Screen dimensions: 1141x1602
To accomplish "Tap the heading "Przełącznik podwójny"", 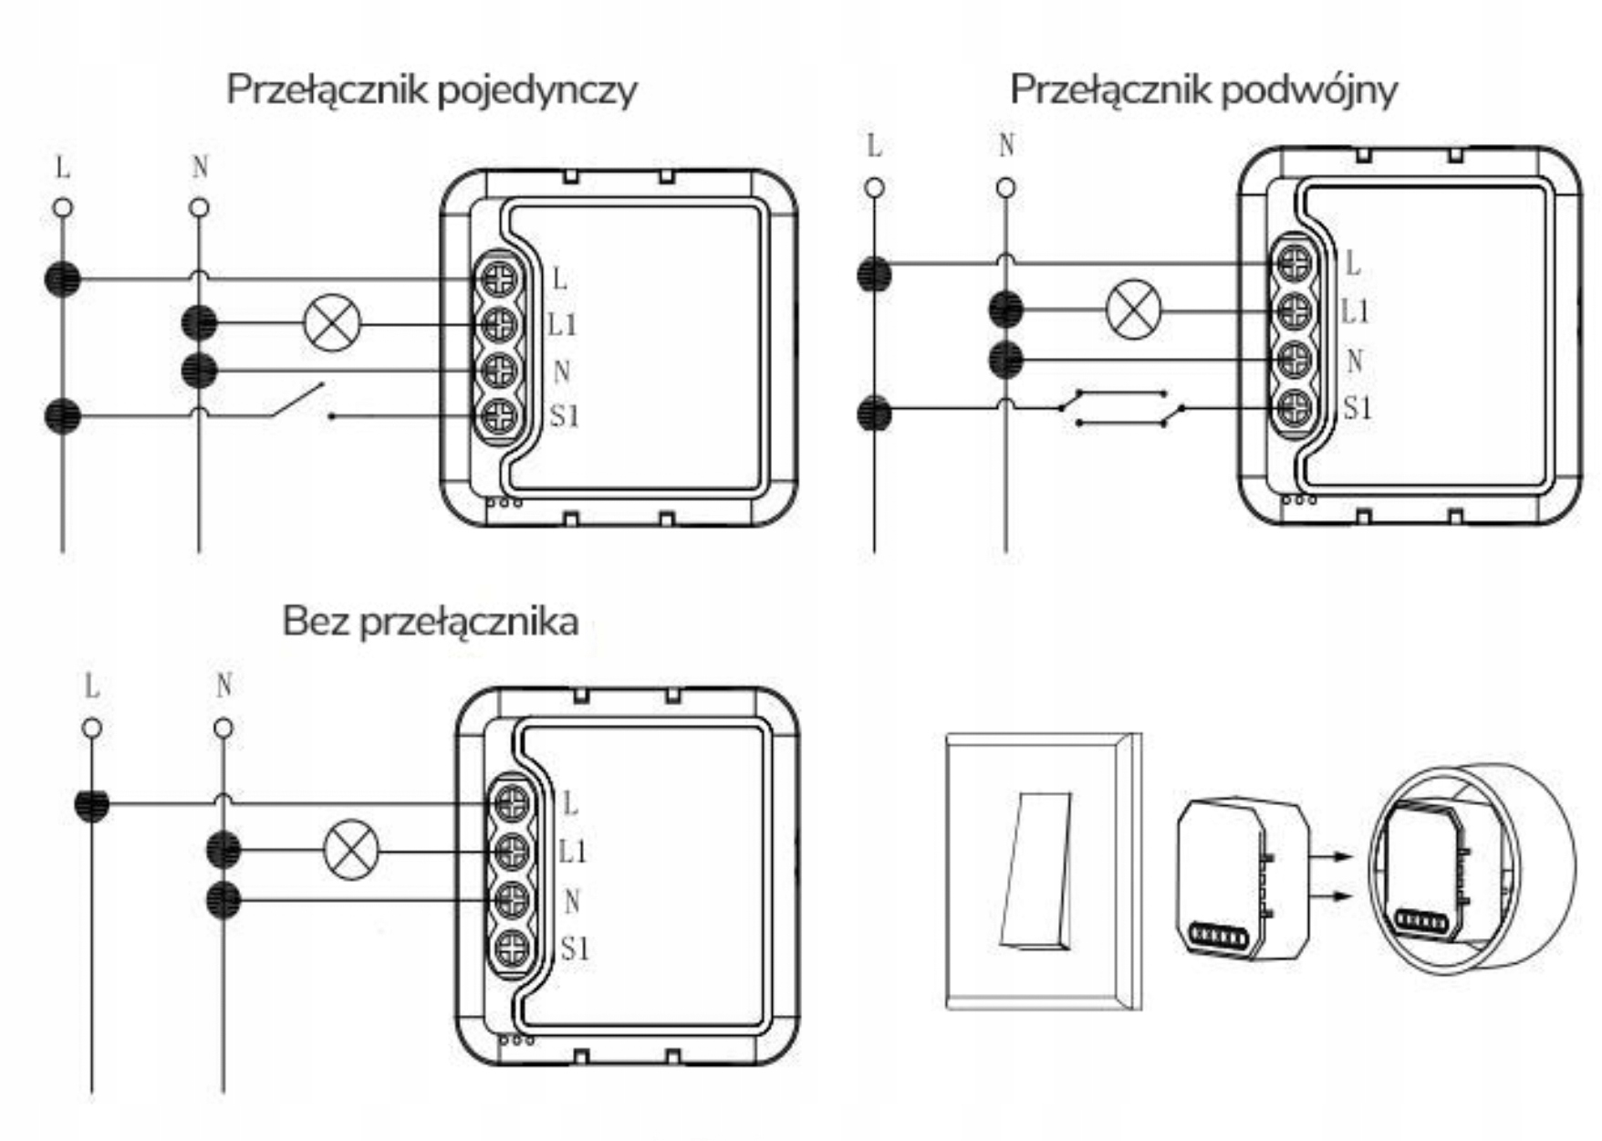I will [x=1202, y=90].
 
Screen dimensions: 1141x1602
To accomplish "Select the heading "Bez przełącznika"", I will [x=430, y=622].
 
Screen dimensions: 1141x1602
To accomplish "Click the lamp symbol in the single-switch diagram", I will [x=332, y=323].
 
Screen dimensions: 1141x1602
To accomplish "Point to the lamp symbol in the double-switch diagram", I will [x=1133, y=310].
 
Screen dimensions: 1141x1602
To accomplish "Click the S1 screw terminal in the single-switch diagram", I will [x=499, y=417].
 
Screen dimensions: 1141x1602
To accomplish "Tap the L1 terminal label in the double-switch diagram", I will [x=1355, y=311].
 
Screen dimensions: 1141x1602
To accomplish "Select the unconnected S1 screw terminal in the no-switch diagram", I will [x=512, y=948].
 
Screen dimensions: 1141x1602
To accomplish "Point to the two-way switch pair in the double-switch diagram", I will [x=1122, y=408].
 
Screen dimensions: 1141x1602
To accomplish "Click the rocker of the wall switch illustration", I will [x=1036, y=870].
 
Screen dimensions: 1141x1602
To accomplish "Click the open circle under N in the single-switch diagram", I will [x=199, y=208].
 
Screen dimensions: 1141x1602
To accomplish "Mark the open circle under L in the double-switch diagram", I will [x=874, y=188].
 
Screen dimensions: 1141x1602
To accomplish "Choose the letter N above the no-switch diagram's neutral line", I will [x=224, y=686].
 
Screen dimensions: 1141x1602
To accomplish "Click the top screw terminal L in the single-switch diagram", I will [x=499, y=279].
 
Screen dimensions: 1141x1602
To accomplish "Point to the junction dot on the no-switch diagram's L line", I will [x=92, y=804].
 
